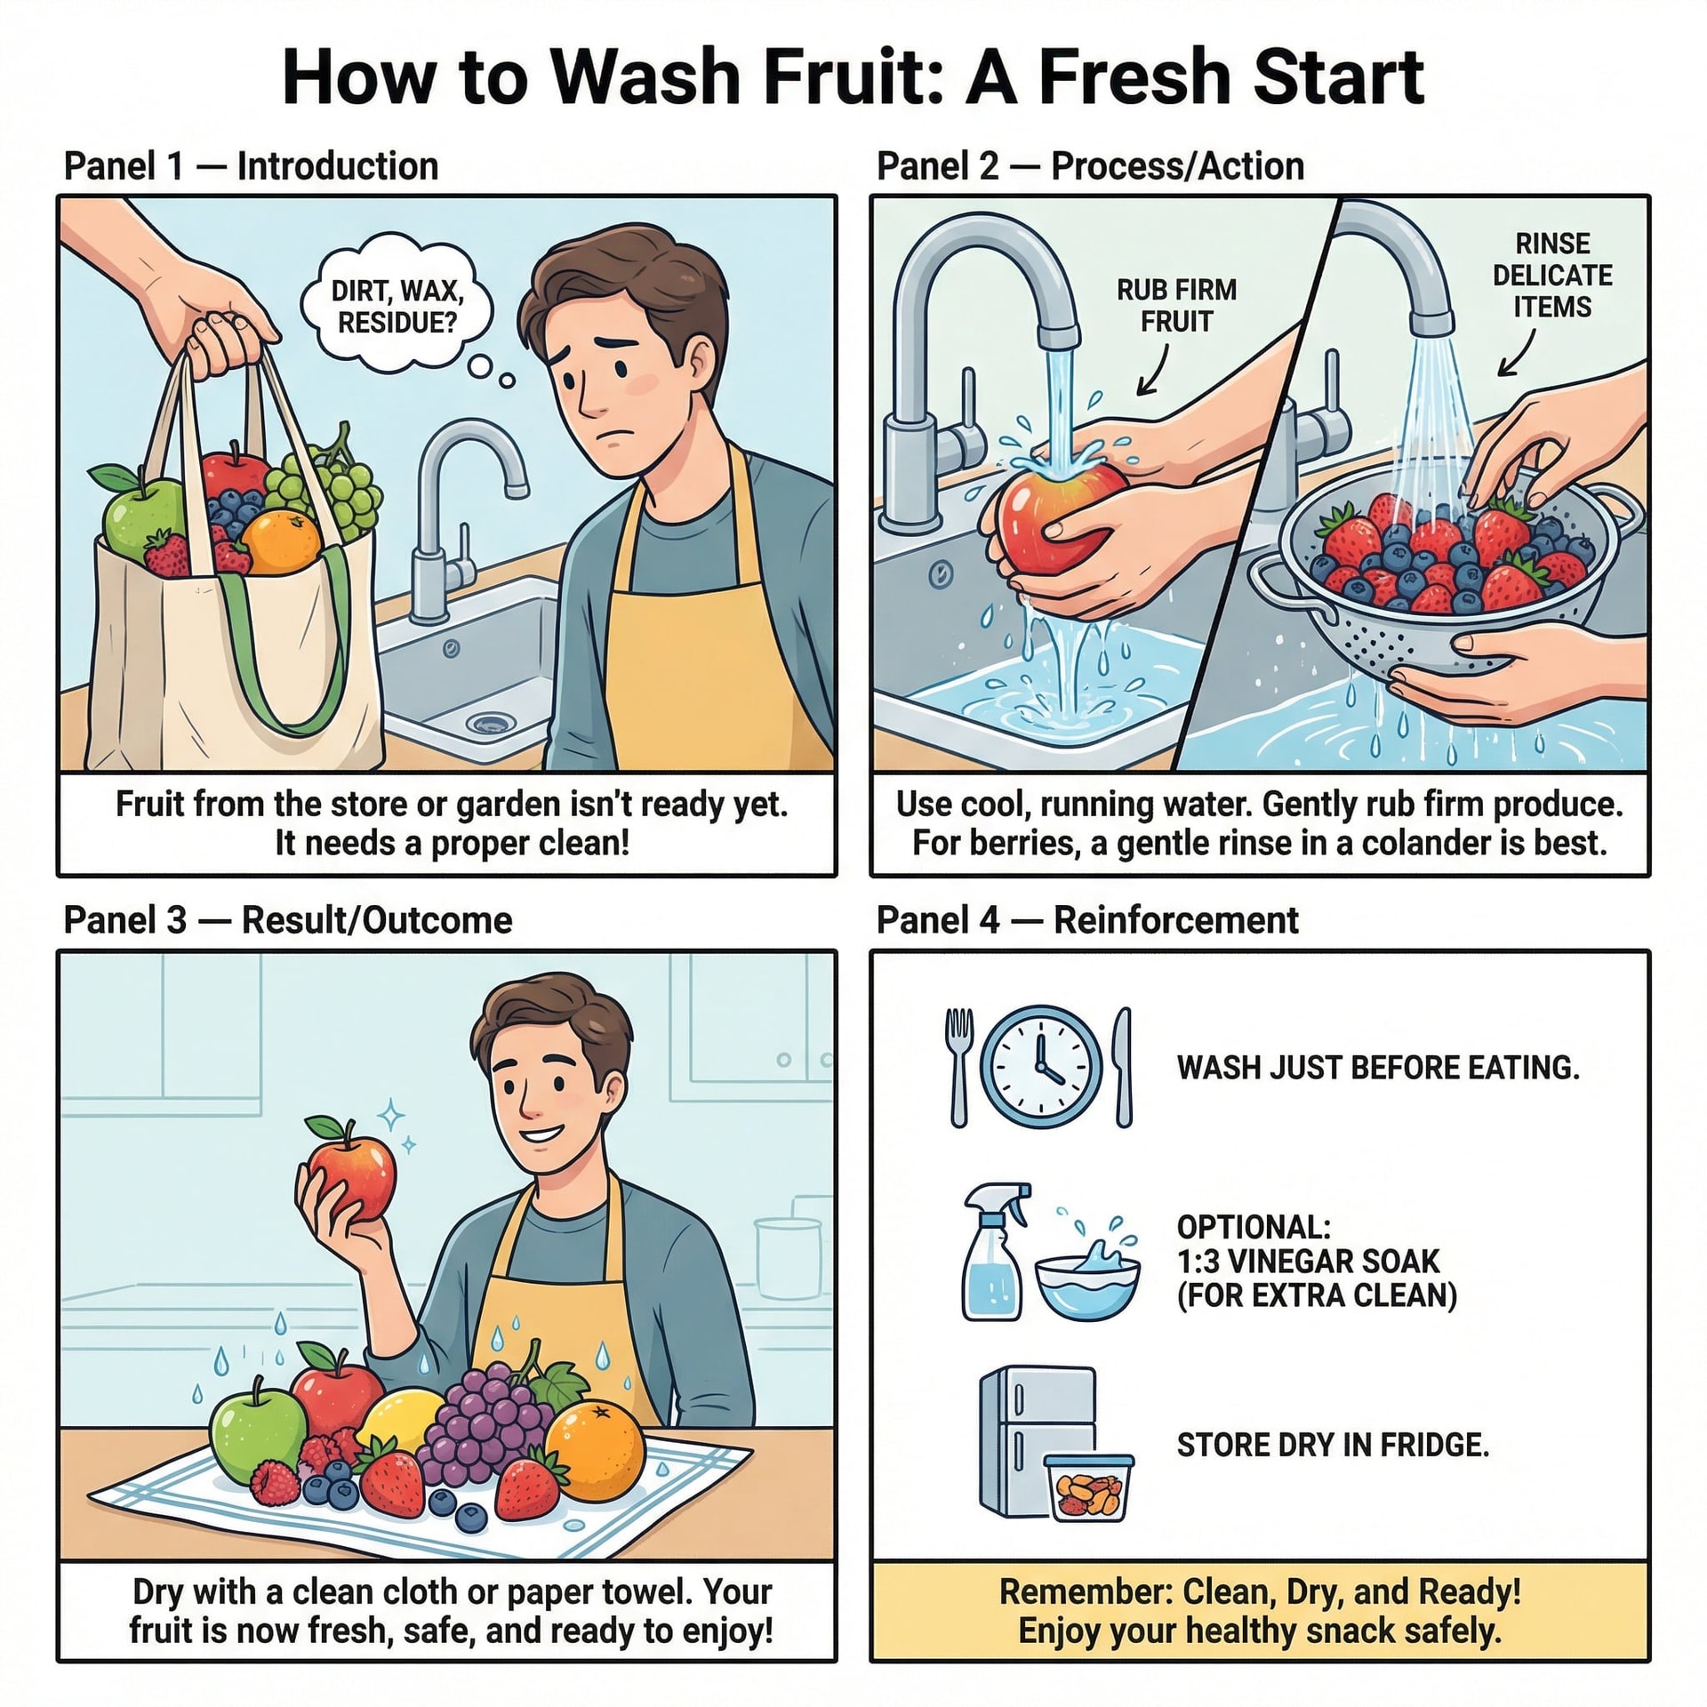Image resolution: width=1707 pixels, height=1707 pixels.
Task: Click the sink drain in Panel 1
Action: (488, 723)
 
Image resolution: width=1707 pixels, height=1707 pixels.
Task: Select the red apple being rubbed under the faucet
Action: (1058, 515)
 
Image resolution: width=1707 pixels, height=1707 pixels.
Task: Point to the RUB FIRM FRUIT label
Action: (1176, 305)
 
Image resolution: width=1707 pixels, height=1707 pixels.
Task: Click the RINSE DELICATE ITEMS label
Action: (1552, 275)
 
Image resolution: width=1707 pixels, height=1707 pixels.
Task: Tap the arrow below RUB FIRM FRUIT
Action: (1154, 368)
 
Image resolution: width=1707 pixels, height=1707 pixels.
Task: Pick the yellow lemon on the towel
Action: (400, 1422)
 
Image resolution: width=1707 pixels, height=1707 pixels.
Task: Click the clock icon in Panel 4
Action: (1040, 1067)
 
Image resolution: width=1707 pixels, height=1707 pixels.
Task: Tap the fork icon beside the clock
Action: (958, 1067)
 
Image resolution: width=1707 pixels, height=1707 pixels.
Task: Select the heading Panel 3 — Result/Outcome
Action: (288, 920)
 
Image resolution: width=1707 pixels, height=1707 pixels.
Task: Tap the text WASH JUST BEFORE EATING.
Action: (1378, 1067)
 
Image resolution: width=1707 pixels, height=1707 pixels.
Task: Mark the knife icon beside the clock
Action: (1123, 1067)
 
